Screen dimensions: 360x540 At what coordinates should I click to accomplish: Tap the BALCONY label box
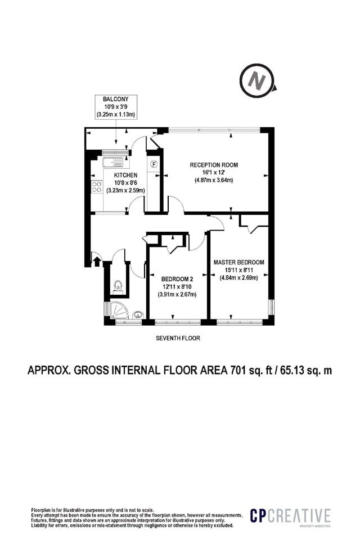[116, 107]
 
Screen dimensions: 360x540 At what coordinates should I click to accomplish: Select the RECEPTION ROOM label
[214, 165]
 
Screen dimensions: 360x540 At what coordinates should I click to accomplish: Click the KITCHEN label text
[126, 175]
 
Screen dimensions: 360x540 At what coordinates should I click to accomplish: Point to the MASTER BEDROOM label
[238, 262]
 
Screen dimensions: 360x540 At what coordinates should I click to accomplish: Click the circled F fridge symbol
[154, 164]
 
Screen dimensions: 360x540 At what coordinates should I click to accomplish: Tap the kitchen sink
[113, 162]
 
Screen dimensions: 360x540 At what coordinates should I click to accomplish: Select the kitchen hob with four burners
[96, 187]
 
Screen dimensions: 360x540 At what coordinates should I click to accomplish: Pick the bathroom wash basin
[138, 314]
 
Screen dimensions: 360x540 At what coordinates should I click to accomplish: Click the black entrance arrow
[97, 261]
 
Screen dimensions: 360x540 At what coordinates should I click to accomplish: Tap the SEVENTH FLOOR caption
[178, 338]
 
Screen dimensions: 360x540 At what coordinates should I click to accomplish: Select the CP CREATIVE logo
[290, 516]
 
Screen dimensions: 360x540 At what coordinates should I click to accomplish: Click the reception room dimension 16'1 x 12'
[214, 173]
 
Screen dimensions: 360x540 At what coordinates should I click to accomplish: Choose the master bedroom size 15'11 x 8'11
[238, 269]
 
